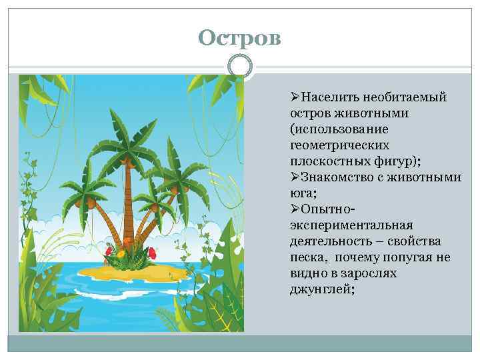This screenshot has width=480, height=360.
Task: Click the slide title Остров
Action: pyautogui.click(x=240, y=38)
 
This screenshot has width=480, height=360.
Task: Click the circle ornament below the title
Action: pyautogui.click(x=240, y=67)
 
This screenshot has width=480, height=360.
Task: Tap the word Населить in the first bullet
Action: pyautogui.click(x=328, y=97)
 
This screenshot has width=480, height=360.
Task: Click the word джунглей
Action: pyautogui.click(x=318, y=289)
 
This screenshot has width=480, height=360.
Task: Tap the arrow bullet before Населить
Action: pyautogui.click(x=295, y=97)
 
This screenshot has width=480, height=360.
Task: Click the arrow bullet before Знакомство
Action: pyautogui.click(x=295, y=177)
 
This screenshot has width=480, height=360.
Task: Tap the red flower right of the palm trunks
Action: pyautogui.click(x=152, y=251)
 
